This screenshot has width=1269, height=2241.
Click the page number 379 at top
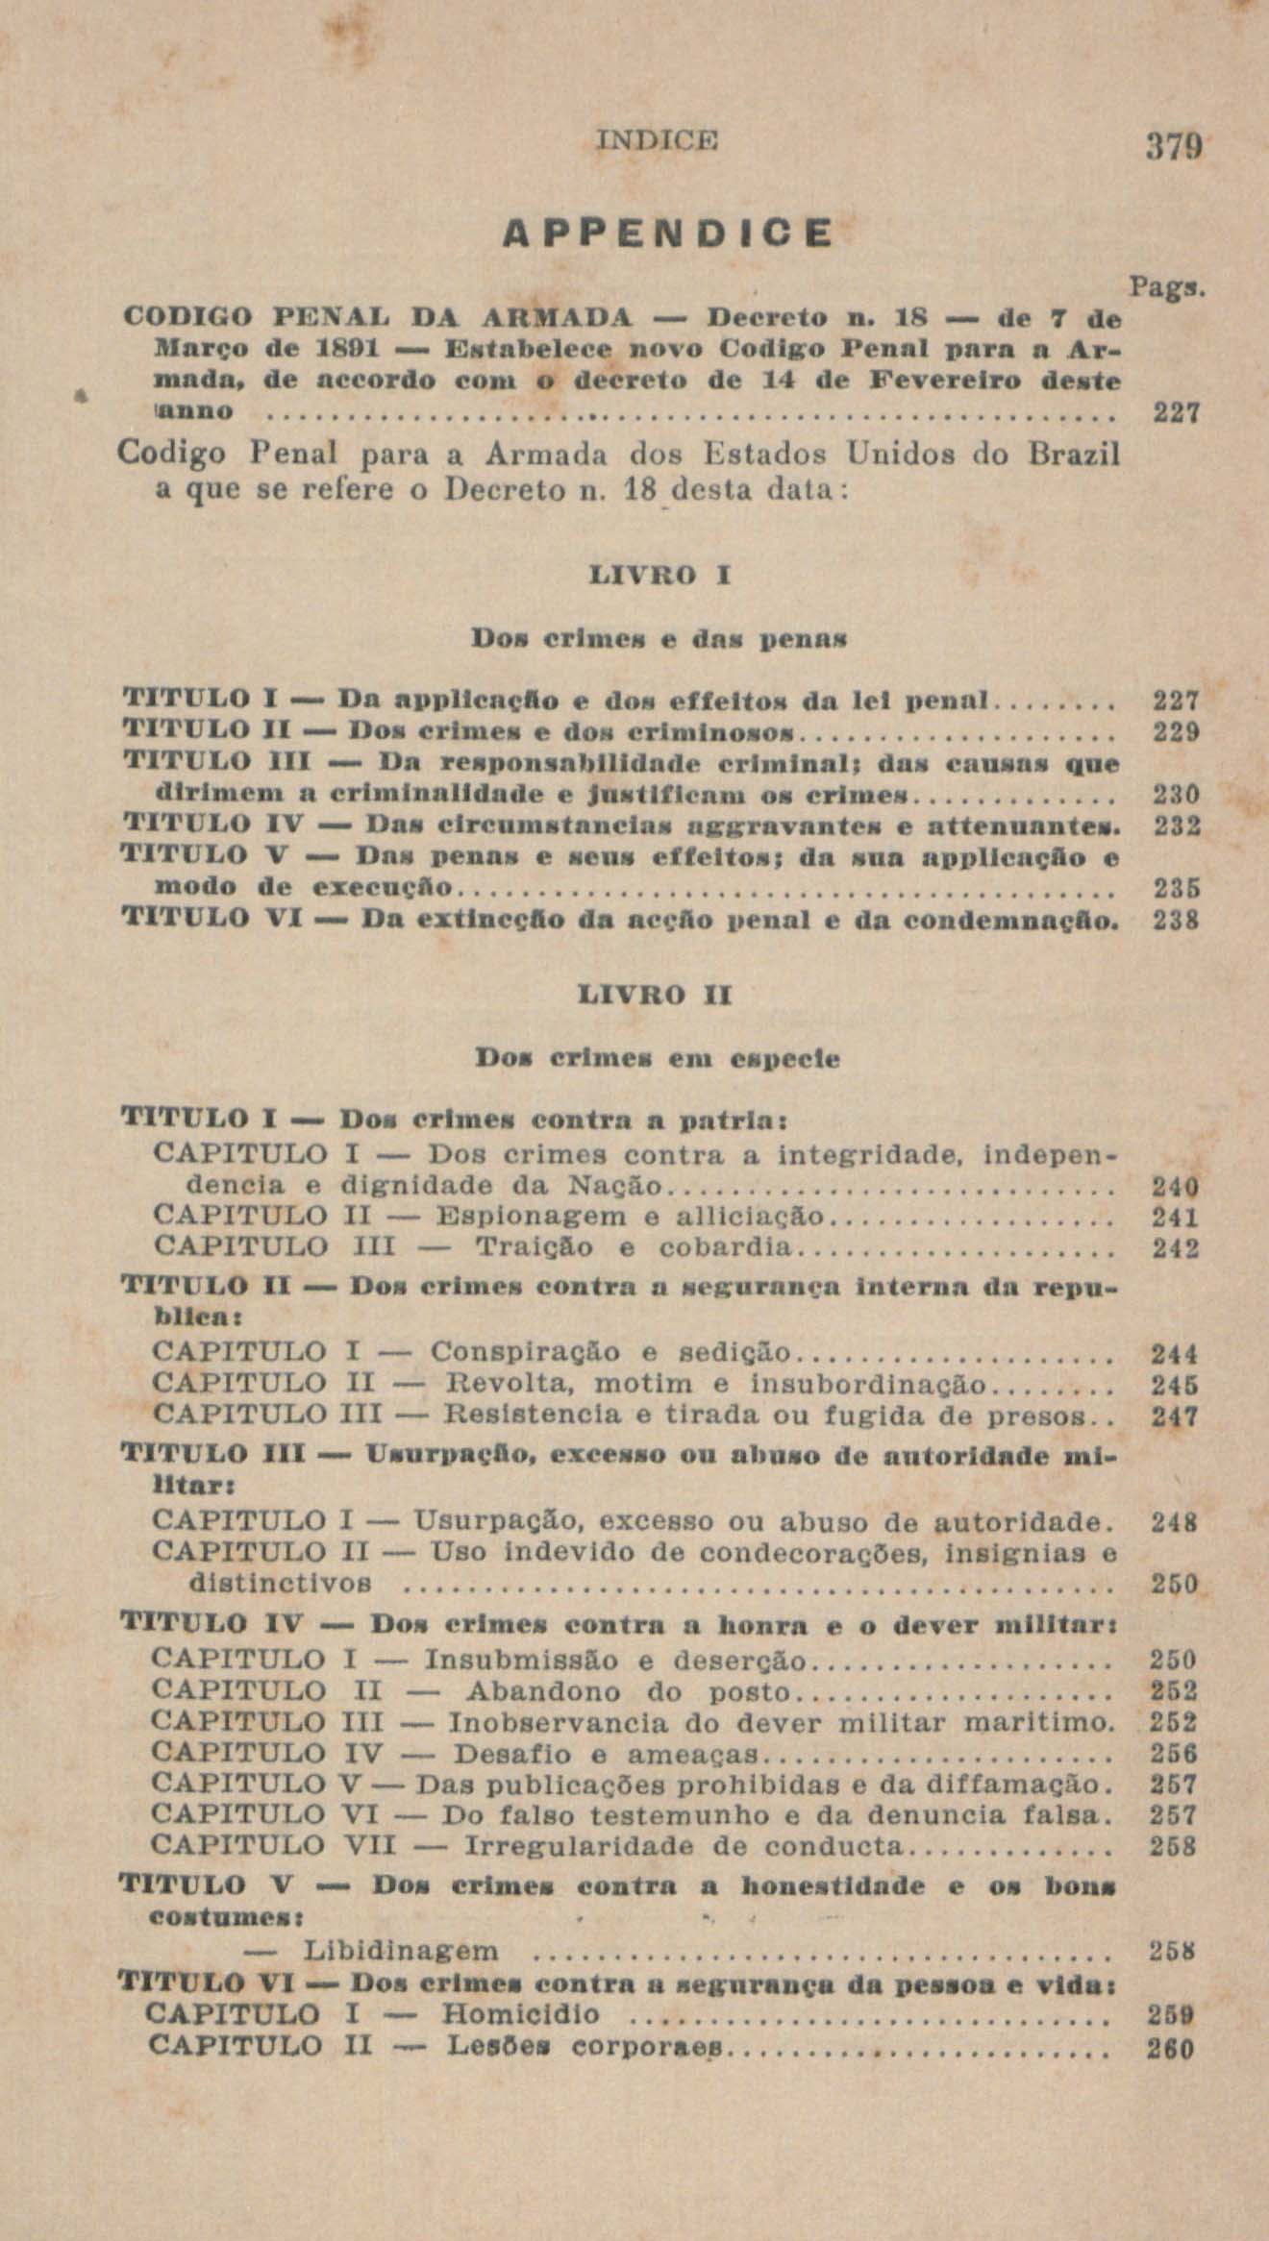click(x=1173, y=149)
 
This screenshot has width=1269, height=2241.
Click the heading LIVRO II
click(x=659, y=997)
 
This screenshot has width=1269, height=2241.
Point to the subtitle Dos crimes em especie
click(x=659, y=1059)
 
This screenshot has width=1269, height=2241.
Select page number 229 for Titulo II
click(x=1175, y=733)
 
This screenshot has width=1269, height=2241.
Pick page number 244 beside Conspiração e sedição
click(x=1175, y=1354)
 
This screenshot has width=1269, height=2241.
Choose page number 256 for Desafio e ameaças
click(x=1174, y=1755)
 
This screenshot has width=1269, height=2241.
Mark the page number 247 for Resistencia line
click(x=1175, y=1416)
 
